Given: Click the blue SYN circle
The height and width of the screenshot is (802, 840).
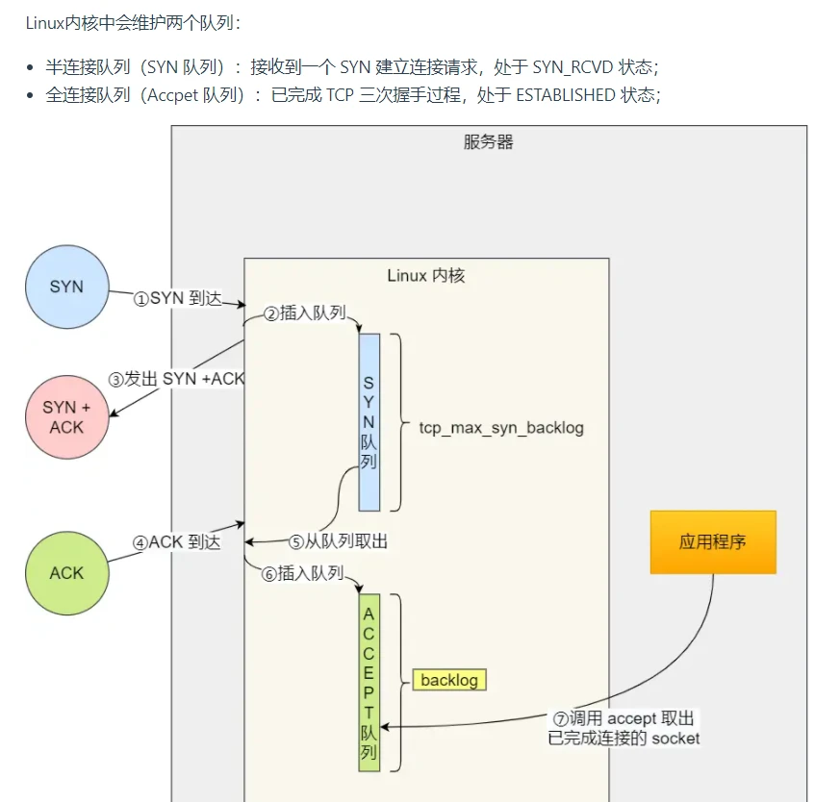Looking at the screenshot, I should pyautogui.click(x=66, y=287).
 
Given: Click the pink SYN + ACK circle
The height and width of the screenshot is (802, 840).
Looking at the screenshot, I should pyautogui.click(x=66, y=416).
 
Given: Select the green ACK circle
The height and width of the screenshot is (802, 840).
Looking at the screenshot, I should pyautogui.click(x=66, y=572).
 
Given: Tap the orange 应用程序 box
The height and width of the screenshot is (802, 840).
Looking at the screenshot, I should pyautogui.click(x=713, y=542).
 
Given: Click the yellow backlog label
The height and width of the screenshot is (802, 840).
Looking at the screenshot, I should pyautogui.click(x=449, y=680).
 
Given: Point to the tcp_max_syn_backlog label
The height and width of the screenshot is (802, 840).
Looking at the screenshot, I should pyautogui.click(x=501, y=427).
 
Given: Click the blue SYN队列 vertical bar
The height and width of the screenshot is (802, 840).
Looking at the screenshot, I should pyautogui.click(x=369, y=422).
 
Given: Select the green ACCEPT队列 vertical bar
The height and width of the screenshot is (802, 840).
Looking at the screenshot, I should pyautogui.click(x=369, y=682).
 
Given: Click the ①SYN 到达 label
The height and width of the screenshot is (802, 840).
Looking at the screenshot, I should pyautogui.click(x=177, y=299).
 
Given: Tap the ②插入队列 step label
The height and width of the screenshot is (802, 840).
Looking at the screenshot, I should pyautogui.click(x=304, y=313).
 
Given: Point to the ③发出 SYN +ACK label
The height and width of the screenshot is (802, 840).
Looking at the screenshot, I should pyautogui.click(x=177, y=379).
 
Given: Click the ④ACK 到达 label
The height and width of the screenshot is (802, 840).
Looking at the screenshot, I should pyautogui.click(x=177, y=542).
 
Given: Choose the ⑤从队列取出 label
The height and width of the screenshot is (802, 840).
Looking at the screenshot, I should pyautogui.click(x=339, y=542).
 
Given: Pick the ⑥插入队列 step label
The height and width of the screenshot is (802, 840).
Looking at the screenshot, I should pyautogui.click(x=302, y=573).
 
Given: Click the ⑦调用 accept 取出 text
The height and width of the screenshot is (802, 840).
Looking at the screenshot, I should pyautogui.click(x=623, y=719).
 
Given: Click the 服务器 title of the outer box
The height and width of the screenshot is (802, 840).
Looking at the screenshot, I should pyautogui.click(x=488, y=142).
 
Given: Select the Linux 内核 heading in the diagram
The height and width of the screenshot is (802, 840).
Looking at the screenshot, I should pyautogui.click(x=425, y=275).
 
